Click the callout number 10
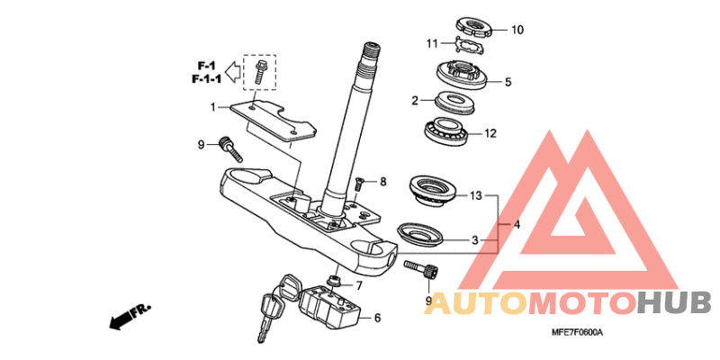pos(517,30)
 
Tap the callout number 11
pos(432,44)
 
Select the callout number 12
pos(490,133)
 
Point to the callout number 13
pos(475,196)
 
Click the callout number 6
pos(377,318)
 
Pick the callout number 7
pos(358,285)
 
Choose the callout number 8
pos(383,182)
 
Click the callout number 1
pos(213,107)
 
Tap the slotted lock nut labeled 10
pos(473,28)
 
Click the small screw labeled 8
pos(359,184)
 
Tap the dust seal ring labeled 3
pos(420,235)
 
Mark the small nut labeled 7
pos(332,280)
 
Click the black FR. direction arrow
pos(130,317)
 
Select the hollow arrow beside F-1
pos(234,71)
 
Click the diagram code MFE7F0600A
pos(576,346)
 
